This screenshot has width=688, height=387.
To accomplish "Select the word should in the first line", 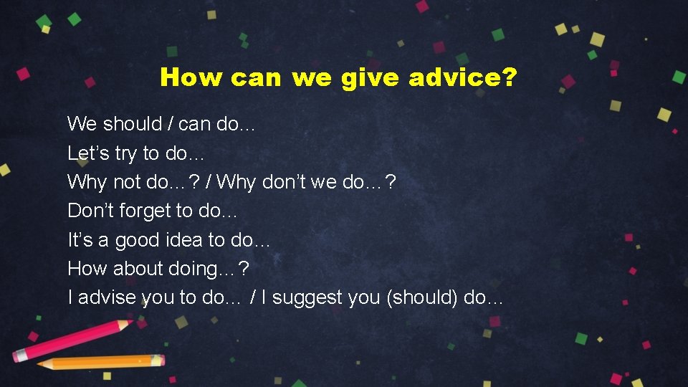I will coord(133,124).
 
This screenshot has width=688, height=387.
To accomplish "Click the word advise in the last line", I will coord(107,297).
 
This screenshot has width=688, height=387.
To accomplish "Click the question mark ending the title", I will coord(508,77).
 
